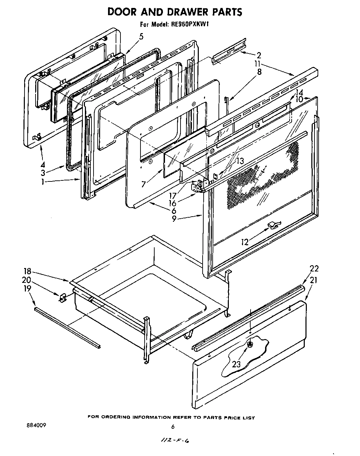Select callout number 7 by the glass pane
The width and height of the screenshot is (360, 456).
tap(143, 184)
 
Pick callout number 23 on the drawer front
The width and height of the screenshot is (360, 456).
tap(236, 364)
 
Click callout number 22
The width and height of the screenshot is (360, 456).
tap(314, 269)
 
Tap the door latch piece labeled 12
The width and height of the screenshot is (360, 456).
tap(274, 225)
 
